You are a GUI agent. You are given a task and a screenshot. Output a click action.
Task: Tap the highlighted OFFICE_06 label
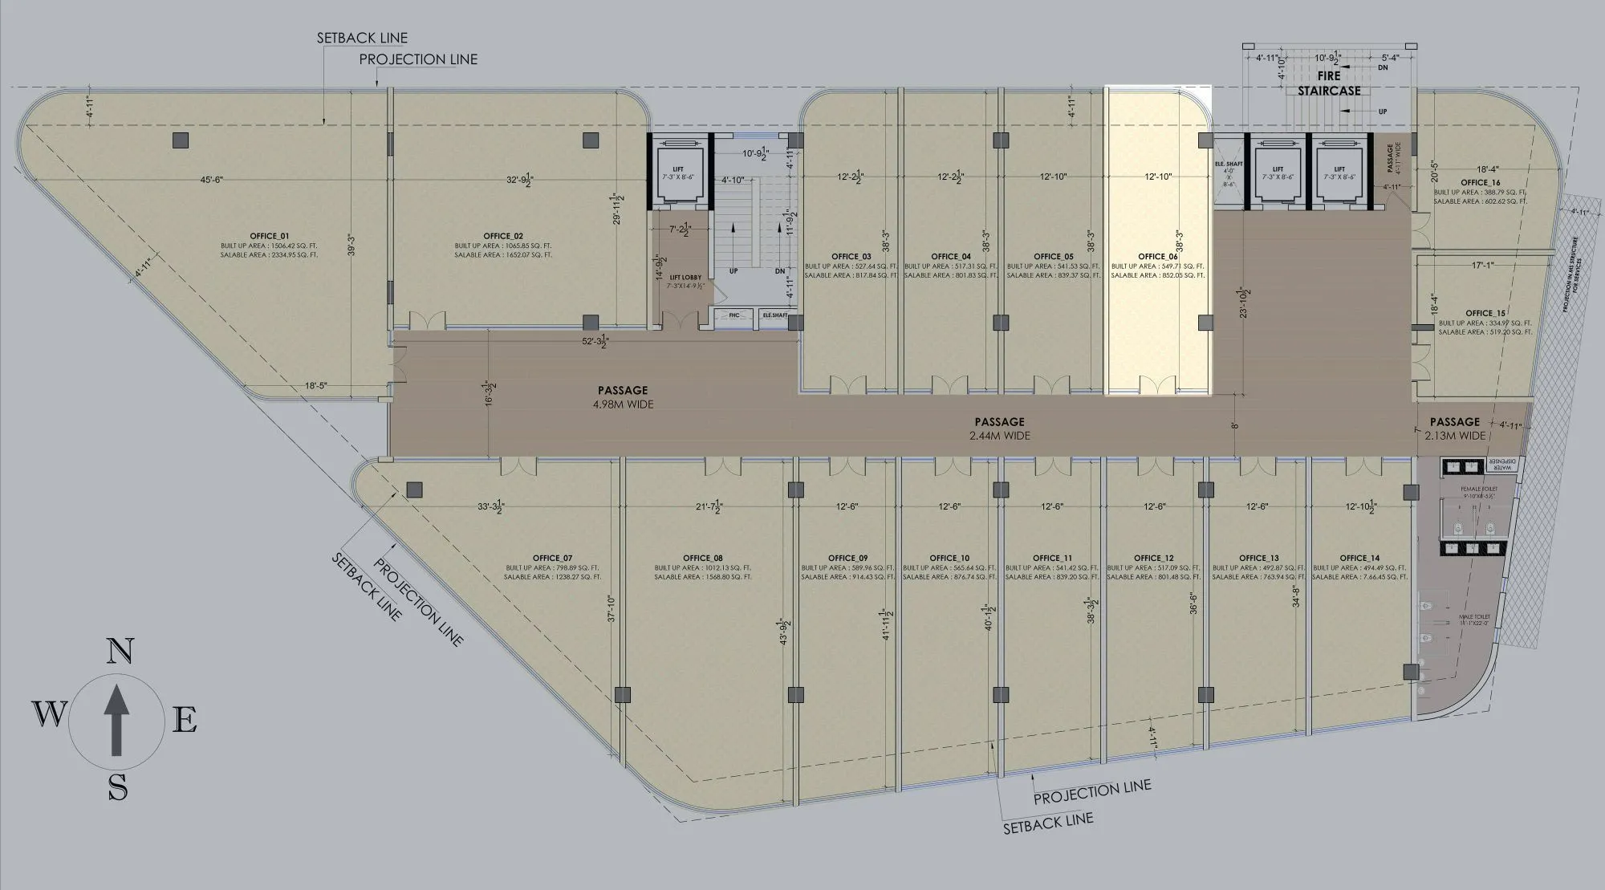1157,257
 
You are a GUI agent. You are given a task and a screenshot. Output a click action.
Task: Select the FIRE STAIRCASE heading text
1329,83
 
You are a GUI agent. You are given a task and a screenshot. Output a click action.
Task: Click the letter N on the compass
120,651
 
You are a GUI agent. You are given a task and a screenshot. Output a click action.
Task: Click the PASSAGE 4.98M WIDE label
622,397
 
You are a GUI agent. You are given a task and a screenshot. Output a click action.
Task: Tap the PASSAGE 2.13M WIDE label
1454,428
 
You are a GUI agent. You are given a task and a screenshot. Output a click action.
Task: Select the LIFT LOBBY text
685,278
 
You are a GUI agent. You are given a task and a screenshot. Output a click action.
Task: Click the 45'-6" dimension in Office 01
211,180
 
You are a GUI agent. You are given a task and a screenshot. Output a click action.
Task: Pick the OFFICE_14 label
1359,558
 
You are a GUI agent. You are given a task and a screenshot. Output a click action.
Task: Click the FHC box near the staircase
733,315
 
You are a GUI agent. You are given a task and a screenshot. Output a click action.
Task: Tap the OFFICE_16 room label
1480,183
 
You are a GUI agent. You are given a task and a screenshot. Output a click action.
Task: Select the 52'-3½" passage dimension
595,342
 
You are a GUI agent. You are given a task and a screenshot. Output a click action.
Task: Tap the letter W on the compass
49,713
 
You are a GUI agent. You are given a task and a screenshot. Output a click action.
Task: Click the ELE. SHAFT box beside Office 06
1228,173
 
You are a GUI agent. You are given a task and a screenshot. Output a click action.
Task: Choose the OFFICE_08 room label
702,558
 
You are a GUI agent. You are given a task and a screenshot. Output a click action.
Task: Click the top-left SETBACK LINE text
362,38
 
